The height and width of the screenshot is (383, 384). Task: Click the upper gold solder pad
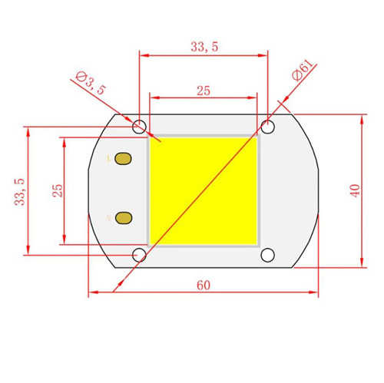[x=123, y=159]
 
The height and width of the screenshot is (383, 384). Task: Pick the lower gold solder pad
[x=124, y=218]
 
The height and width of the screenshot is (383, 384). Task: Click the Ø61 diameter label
[x=303, y=71]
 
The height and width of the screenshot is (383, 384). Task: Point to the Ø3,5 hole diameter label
[x=91, y=83]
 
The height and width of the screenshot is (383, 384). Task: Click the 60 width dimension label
[x=204, y=286]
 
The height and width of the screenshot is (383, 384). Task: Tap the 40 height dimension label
[x=356, y=190]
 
